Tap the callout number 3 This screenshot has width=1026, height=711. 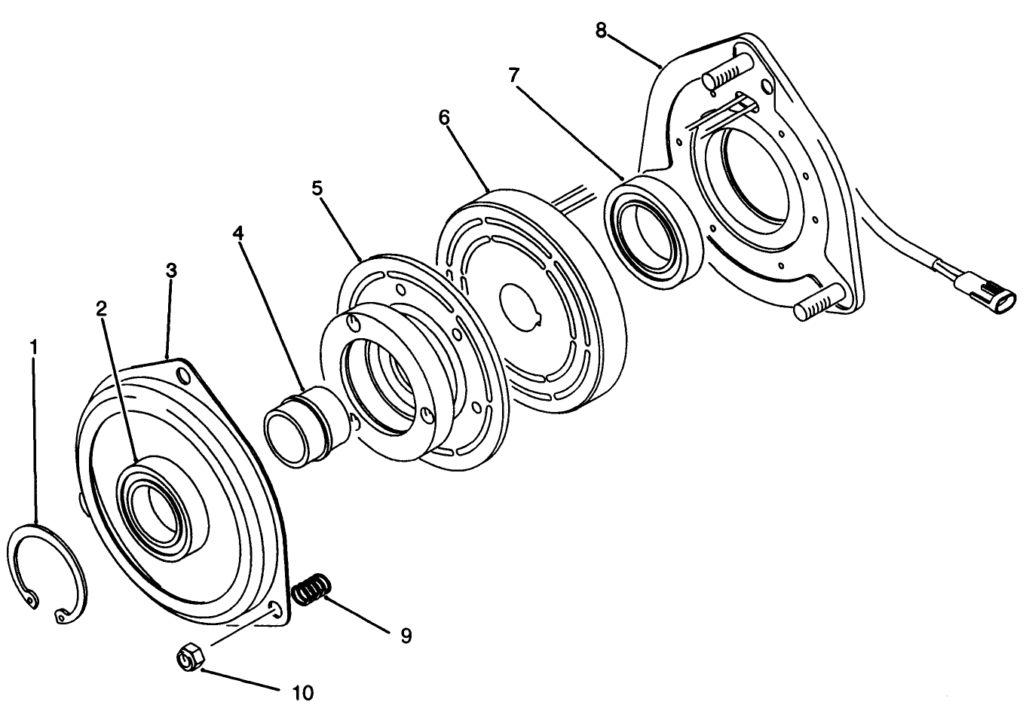point(171,271)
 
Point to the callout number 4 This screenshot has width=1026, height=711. point(238,233)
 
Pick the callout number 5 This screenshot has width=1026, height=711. point(317,188)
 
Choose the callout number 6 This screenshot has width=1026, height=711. point(444,118)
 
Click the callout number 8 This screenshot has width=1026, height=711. point(600,30)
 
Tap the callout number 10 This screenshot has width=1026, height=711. point(302,691)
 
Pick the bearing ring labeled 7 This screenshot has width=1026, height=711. point(651,230)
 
